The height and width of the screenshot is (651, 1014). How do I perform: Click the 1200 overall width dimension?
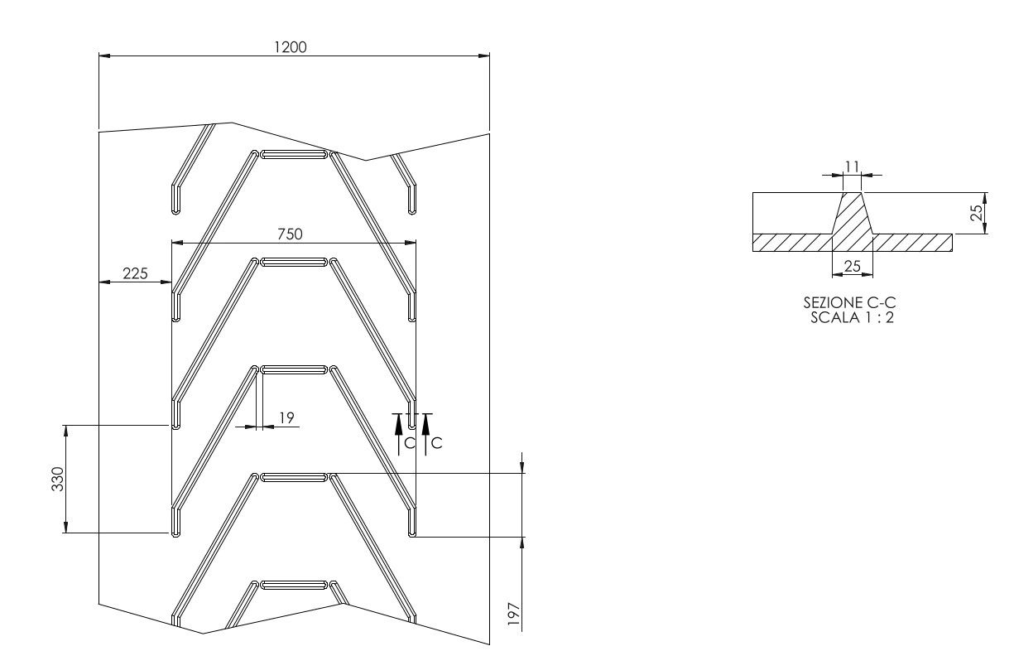point(291,47)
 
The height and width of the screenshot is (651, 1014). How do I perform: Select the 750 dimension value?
point(290,234)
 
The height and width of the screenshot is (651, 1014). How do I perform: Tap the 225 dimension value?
point(136,273)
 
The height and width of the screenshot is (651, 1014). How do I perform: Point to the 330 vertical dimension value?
point(58,479)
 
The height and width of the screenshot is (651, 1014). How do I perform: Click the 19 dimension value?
point(286,417)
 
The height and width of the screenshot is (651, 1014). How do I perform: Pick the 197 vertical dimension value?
point(514,615)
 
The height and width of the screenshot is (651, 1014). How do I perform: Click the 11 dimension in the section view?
point(852,167)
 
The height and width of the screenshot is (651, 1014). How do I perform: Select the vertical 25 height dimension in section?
point(977,213)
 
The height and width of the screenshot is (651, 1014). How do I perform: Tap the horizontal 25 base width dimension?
point(853,266)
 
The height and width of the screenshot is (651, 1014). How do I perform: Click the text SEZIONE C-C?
point(849,302)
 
